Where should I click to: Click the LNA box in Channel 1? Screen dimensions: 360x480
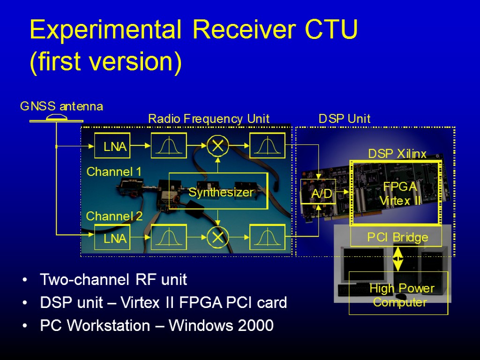(112, 146)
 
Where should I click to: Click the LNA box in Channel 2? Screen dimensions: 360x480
(112, 238)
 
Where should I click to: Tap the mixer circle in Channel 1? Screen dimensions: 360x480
(217, 146)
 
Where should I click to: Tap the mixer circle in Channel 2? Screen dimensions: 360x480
(217, 238)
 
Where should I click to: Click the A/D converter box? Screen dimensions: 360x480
(318, 192)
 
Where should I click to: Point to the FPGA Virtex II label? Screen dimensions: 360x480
(400, 193)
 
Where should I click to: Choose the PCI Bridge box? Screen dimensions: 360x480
(397, 237)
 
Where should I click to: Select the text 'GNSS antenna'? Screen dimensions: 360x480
(61, 107)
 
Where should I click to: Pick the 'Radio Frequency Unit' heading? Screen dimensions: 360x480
(209, 119)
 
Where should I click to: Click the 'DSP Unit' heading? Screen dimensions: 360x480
(345, 119)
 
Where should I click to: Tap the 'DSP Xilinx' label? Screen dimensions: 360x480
(397, 154)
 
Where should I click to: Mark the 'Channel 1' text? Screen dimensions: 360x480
(114, 172)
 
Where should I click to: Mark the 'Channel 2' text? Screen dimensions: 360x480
(114, 217)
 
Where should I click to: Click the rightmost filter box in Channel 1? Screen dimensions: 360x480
(267, 146)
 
